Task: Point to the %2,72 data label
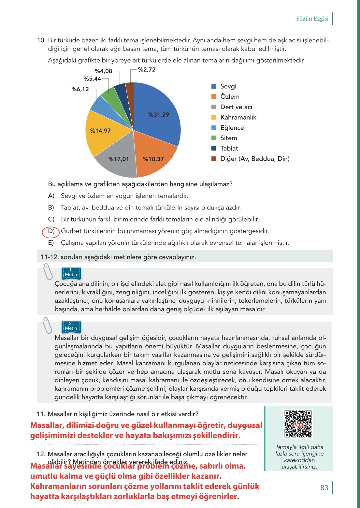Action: click(x=147, y=70)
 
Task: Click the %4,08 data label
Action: click(x=103, y=71)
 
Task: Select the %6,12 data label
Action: click(x=80, y=89)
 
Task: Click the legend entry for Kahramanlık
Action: click(x=238, y=117)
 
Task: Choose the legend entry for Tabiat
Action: click(x=229, y=148)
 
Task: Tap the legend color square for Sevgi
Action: click(x=214, y=86)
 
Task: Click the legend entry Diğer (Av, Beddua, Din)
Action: click(x=255, y=159)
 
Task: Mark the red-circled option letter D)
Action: click(x=51, y=231)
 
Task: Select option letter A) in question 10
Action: click(x=51, y=196)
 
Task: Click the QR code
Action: click(x=298, y=424)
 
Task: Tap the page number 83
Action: click(x=324, y=488)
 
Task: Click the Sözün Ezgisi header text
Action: click(x=312, y=19)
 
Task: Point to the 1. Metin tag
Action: click(x=71, y=273)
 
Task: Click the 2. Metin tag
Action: click(x=71, y=327)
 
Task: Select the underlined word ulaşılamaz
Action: click(x=214, y=184)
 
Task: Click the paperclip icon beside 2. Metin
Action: click(x=48, y=325)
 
